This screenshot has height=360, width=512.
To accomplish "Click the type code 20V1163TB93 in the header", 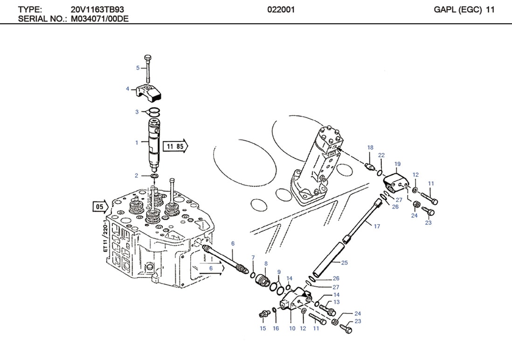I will click(x=97, y=9).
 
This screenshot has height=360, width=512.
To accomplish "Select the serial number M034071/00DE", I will click(x=100, y=19).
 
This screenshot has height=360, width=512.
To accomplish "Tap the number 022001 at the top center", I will click(x=281, y=9).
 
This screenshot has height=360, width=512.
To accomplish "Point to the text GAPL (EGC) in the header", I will click(x=457, y=9).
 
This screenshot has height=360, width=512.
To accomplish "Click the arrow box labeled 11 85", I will click(x=175, y=146).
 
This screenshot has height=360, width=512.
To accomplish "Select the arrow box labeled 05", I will click(x=100, y=206).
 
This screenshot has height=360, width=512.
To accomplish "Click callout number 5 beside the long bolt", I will click(x=138, y=68).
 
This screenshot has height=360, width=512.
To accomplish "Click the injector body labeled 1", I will click(x=154, y=142).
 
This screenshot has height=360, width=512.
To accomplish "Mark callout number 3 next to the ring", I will click(x=137, y=112).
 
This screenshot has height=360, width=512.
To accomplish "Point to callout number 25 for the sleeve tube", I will click(x=344, y=263).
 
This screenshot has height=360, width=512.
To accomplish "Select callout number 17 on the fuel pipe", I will click(x=377, y=227).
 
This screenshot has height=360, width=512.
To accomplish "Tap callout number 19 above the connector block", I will click(x=397, y=164).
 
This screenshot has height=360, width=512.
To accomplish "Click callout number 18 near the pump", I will click(x=370, y=148).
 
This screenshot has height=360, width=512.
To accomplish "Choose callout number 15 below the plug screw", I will click(x=263, y=329).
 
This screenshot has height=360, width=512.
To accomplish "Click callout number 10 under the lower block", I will click(x=292, y=329).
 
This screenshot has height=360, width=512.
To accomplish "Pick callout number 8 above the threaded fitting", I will click(x=266, y=264).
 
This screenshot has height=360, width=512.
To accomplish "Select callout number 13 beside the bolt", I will click(x=336, y=302).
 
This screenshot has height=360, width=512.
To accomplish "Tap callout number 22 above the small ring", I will click(x=381, y=155).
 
